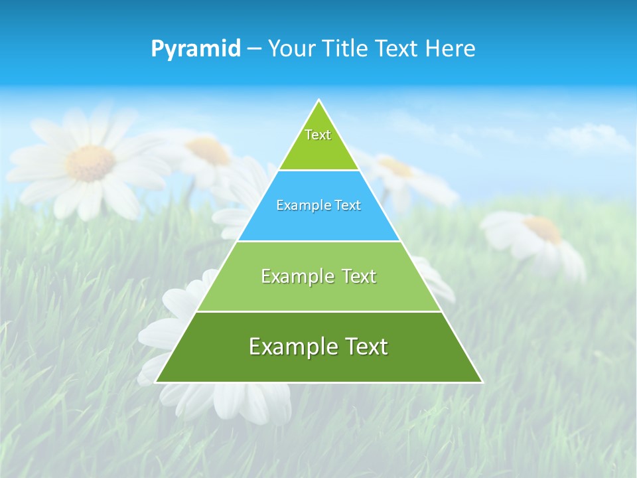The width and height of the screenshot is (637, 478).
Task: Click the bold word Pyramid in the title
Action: (x=196, y=49)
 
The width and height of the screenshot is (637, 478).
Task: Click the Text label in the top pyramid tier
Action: (x=318, y=135)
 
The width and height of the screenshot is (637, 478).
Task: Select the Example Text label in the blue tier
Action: (x=318, y=205)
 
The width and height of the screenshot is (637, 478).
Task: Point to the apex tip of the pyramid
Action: (x=319, y=100)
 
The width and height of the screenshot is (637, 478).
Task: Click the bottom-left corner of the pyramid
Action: (x=156, y=382)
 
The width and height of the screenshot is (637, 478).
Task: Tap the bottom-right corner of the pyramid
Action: (x=482, y=382)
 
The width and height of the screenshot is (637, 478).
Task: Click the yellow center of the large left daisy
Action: (x=90, y=163)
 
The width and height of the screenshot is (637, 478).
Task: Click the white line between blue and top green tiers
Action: (x=318, y=171)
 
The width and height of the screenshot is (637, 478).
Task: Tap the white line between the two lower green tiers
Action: (x=318, y=311)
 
